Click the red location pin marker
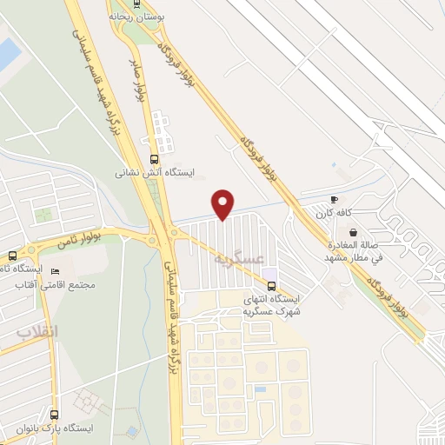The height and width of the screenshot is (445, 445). (x=223, y=204)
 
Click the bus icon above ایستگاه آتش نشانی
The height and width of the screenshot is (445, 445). (x=155, y=159)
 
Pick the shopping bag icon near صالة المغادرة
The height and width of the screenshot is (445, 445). (x=354, y=232)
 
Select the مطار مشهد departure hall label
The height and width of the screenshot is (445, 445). (x=354, y=251)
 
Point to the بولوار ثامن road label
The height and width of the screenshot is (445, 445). (x=76, y=241)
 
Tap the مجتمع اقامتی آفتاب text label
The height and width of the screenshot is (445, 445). (x=65, y=285)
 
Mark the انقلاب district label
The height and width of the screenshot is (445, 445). (x=37, y=333)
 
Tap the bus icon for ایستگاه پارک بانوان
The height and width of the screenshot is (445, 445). (x=55, y=415)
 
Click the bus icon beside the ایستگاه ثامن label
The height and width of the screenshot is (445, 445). (x=12, y=256)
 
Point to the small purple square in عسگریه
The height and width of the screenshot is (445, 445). (x=269, y=285)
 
